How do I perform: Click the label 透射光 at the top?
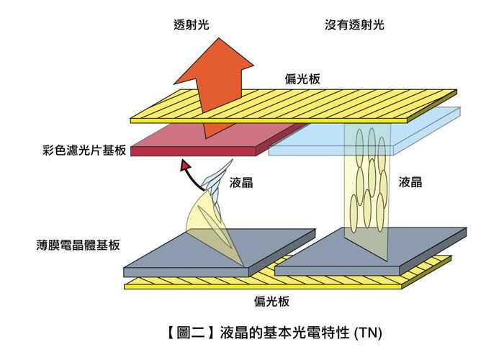pos(192,24)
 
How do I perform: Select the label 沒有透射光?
pos(354,24)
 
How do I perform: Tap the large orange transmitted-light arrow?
pos(215,87)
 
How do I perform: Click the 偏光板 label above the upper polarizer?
pos(302,79)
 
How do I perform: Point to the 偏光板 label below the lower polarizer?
pos(271,302)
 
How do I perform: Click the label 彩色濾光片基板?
pos(84,150)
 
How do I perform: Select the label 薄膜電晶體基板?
pos(78,246)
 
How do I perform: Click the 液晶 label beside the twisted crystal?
pos(241,183)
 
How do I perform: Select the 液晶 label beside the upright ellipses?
pos(410,182)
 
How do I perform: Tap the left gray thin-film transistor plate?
pos(219,252)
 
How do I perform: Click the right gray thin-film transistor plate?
pos(369,252)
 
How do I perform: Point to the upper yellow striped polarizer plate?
pos(293,106)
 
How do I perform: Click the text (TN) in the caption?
pos(369,333)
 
